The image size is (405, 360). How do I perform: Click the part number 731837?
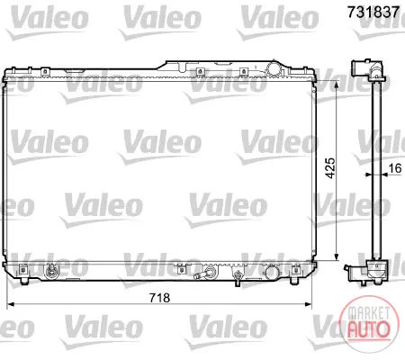(373, 12)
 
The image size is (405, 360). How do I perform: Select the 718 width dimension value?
(159, 298)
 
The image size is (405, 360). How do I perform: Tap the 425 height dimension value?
(330, 168)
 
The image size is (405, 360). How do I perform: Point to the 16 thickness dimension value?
(395, 168)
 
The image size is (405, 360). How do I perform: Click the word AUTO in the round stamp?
(369, 329)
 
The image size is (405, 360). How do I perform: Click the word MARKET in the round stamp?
(369, 313)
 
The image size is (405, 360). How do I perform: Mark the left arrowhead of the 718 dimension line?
(11, 304)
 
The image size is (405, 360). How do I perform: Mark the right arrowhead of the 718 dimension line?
(308, 304)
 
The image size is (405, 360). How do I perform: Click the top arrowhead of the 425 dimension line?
(337, 85)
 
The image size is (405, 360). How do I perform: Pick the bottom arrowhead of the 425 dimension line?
(337, 256)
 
